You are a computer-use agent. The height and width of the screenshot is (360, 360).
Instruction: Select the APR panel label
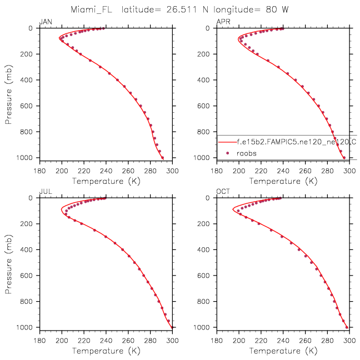(x=223, y=22)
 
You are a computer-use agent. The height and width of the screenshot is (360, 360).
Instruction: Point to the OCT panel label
(x=223, y=192)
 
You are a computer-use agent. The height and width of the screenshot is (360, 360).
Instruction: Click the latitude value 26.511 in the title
(x=180, y=9)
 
